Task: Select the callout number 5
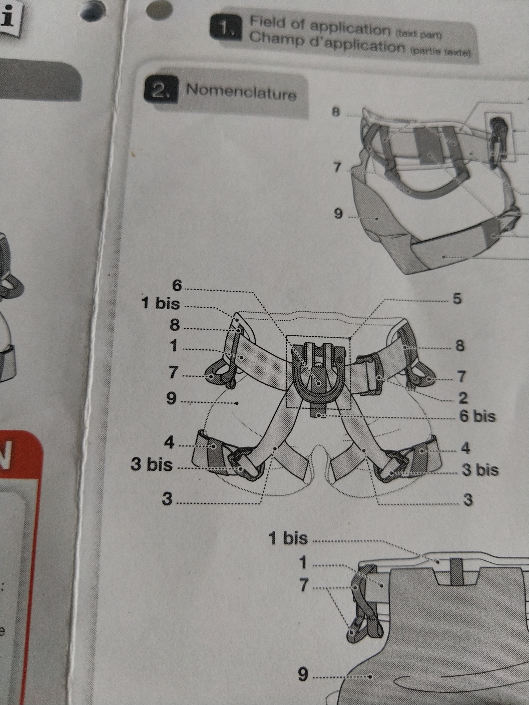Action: click(x=457, y=298)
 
